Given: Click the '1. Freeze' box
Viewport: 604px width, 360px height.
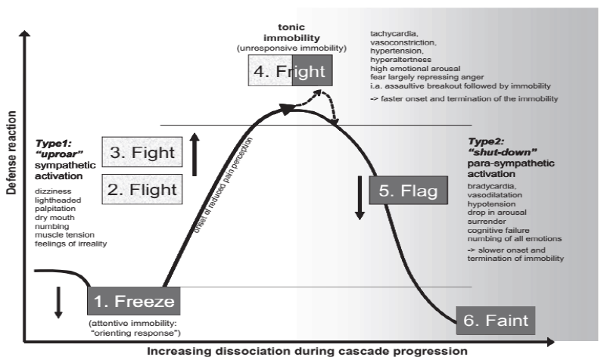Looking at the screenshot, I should click(x=135, y=303).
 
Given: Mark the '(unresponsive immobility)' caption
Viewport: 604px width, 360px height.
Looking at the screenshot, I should click(x=291, y=48).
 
